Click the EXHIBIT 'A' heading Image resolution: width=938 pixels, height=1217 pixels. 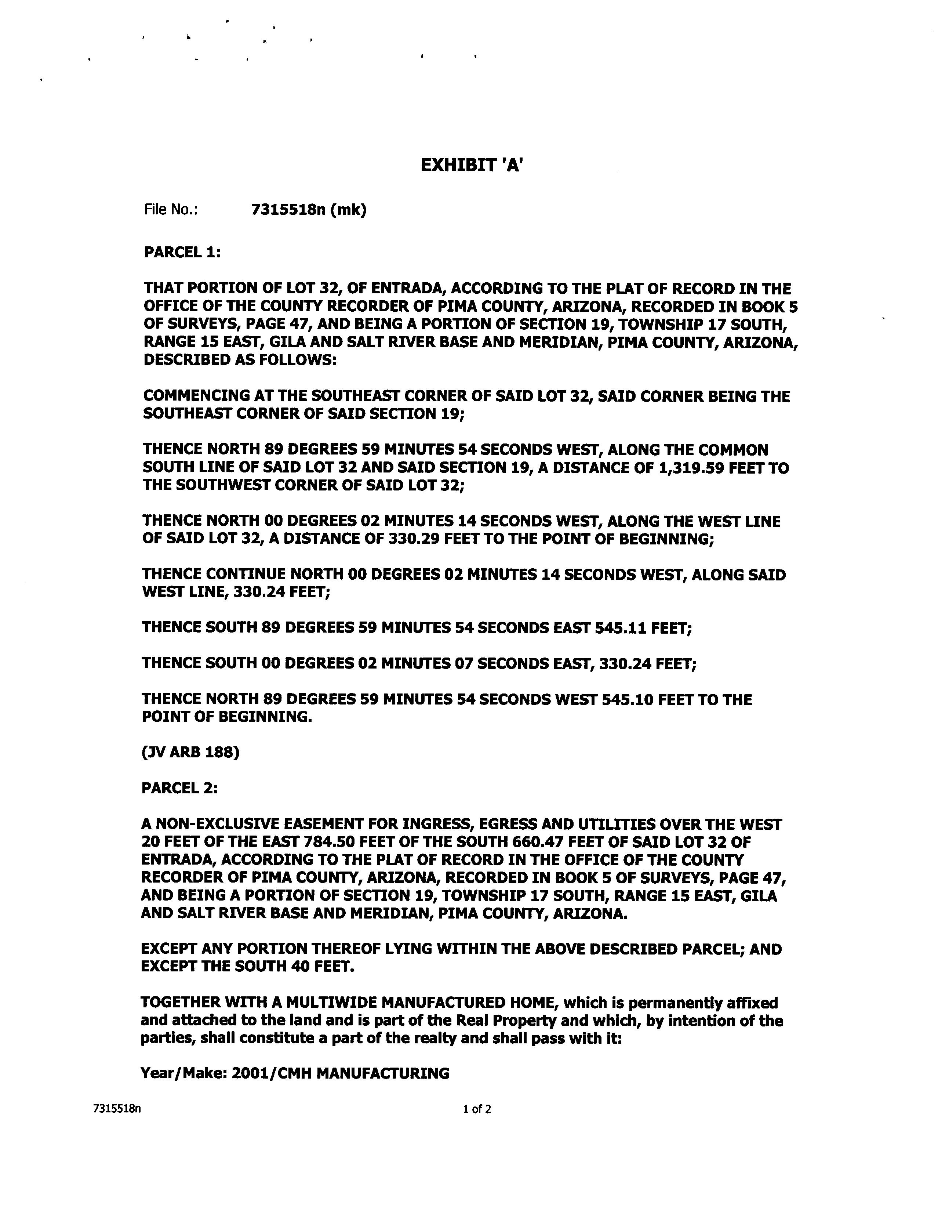471,166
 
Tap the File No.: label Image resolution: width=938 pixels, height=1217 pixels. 171,210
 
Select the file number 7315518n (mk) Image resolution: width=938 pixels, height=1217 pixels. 309,210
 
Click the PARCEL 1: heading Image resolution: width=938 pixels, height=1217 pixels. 182,253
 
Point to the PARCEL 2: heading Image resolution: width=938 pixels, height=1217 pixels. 179,788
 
